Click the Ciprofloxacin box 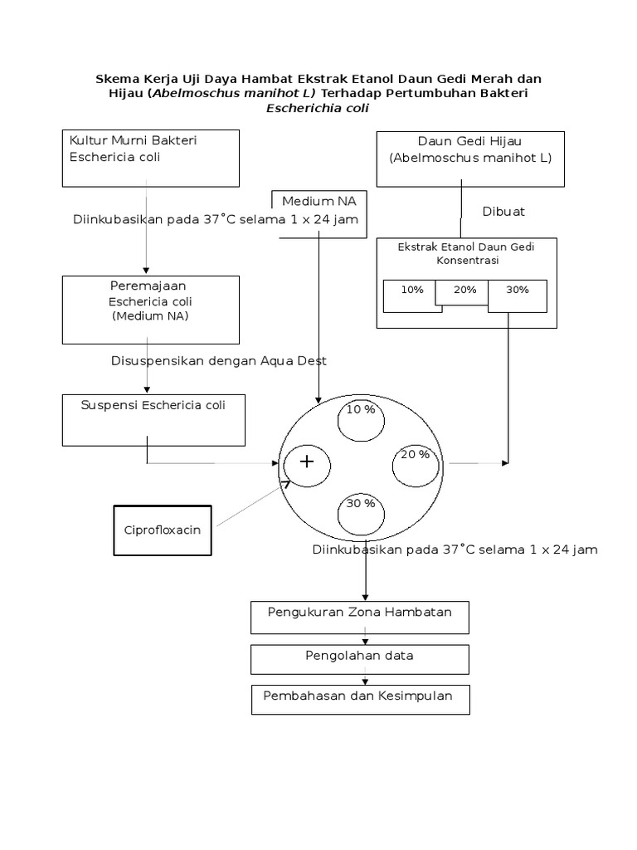click(x=163, y=530)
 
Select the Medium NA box click(x=318, y=214)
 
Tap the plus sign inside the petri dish click(x=307, y=462)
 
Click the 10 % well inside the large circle click(x=361, y=423)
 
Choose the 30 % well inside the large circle click(x=361, y=515)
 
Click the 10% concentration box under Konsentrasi click(x=412, y=295)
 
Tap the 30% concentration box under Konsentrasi click(x=517, y=295)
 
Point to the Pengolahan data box click(x=360, y=658)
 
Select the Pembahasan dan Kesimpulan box click(x=360, y=698)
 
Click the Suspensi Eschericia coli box click(x=154, y=419)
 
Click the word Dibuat click(x=503, y=212)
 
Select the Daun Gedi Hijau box click(x=470, y=157)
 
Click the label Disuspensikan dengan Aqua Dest click(x=219, y=361)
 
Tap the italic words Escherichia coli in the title click(x=318, y=109)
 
